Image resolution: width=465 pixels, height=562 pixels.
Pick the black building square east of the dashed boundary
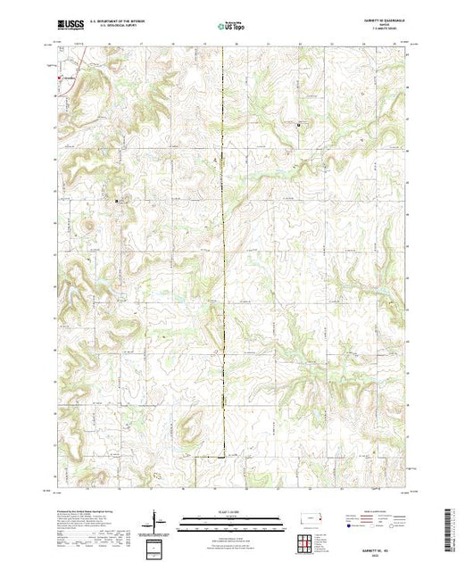[298, 125]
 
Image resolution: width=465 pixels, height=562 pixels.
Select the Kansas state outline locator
[308, 517]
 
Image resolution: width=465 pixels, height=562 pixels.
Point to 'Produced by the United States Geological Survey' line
[85, 506]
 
